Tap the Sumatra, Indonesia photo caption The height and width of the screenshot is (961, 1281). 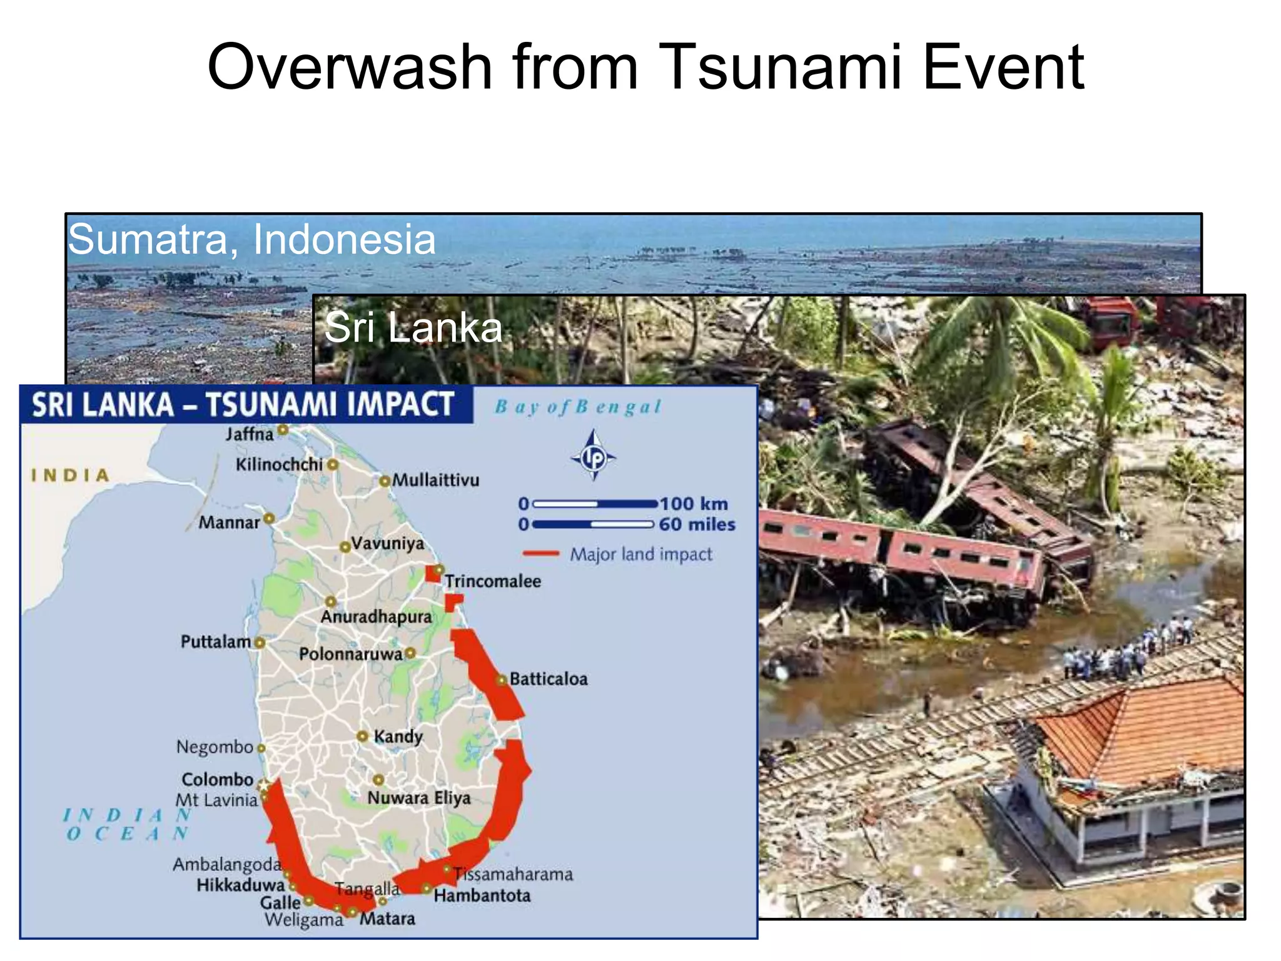pos(251,239)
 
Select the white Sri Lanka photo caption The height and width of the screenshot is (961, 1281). pos(413,327)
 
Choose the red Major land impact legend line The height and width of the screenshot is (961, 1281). pos(540,554)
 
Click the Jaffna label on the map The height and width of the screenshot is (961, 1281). pos(250,434)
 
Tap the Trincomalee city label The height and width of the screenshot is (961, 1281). pos(493,581)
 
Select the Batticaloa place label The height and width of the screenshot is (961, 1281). pos(549,679)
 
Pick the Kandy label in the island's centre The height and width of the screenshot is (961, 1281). pos(398,736)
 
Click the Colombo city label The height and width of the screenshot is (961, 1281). pos(217,780)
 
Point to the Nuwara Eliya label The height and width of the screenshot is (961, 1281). pos(418,798)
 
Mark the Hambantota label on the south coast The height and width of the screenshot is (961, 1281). pos(482,896)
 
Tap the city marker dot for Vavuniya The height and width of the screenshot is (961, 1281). pos(345,547)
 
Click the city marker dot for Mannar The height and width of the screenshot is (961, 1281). pos(269,519)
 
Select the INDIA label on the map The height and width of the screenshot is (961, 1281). pos(70,475)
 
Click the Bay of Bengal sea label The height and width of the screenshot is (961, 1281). pos(578,407)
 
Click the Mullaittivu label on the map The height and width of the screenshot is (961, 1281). pos(435,480)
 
